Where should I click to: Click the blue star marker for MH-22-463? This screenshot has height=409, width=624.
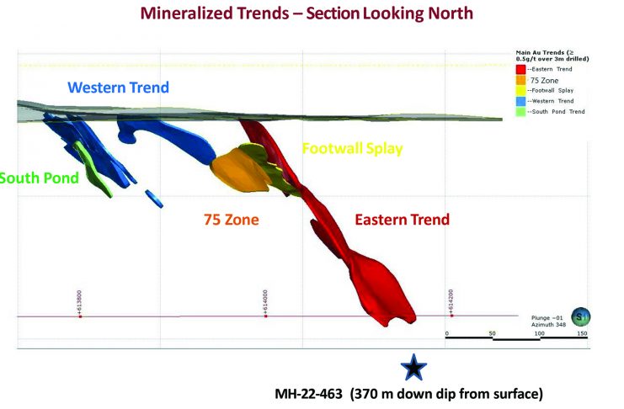pos(413,367)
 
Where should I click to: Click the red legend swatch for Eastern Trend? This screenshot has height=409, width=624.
pos(520,69)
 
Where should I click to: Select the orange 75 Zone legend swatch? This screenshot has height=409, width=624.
pos(520,79)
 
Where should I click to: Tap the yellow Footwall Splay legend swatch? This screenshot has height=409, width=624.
pos(520,90)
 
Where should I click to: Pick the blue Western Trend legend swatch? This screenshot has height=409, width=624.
pos(520,101)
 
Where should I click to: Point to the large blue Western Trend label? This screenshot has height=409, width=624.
pos(118,87)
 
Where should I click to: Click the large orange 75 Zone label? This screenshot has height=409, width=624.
pos(231,220)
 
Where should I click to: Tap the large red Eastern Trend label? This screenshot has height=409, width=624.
pos(402,220)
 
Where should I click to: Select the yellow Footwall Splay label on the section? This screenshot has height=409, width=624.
pos(352,149)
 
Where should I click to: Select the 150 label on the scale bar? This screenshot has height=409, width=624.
pos(582,334)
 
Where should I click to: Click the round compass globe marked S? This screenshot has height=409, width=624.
pos(580,316)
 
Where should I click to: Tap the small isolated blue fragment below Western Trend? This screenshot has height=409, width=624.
pos(154,197)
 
